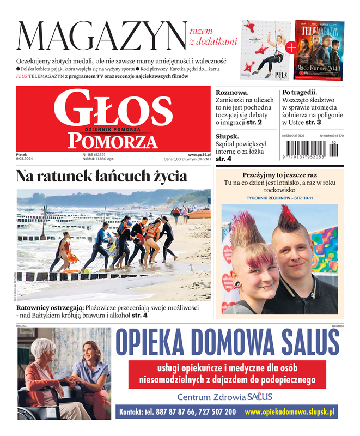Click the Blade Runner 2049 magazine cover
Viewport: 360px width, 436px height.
click(320, 49)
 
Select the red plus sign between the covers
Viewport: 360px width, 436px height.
click(291, 48)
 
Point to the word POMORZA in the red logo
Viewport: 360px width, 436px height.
click(113, 141)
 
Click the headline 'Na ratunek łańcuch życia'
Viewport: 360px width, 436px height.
click(101, 177)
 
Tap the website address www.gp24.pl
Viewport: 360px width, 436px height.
click(199, 155)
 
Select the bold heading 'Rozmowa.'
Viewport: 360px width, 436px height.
click(232, 93)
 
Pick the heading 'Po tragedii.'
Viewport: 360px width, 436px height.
click(300, 93)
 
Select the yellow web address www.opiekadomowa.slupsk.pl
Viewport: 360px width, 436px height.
click(289, 413)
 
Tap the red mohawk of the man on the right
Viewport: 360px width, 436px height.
click(290, 221)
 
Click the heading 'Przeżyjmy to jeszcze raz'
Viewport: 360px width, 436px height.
click(279, 175)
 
